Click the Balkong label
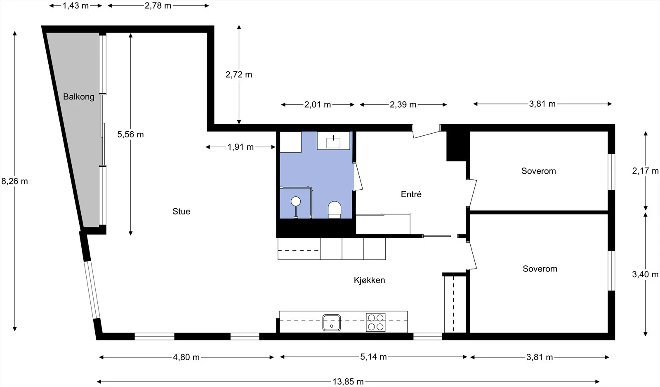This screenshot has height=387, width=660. (79, 97)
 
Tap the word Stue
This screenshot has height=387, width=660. (181, 211)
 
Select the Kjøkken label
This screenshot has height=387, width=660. (369, 280)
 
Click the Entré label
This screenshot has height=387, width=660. (411, 194)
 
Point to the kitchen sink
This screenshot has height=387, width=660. (332, 323)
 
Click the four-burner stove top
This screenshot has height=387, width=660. (376, 322)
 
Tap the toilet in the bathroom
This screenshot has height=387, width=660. (335, 210)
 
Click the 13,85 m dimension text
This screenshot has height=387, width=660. (348, 382)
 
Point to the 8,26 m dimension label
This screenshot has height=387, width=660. (15, 181)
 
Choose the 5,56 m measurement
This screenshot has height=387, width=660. (130, 135)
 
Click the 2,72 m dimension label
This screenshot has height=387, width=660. (239, 75)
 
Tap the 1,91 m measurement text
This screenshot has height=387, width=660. (240, 147)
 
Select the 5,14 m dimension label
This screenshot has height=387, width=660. (373, 357)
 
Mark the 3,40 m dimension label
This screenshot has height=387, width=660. (645, 274)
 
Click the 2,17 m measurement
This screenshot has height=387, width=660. (645, 171)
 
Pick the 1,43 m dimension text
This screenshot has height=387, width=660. (75, 6)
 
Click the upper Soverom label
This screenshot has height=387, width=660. (539, 171)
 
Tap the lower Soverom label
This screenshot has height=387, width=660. (540, 269)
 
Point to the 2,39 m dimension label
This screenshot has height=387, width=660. (403, 105)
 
